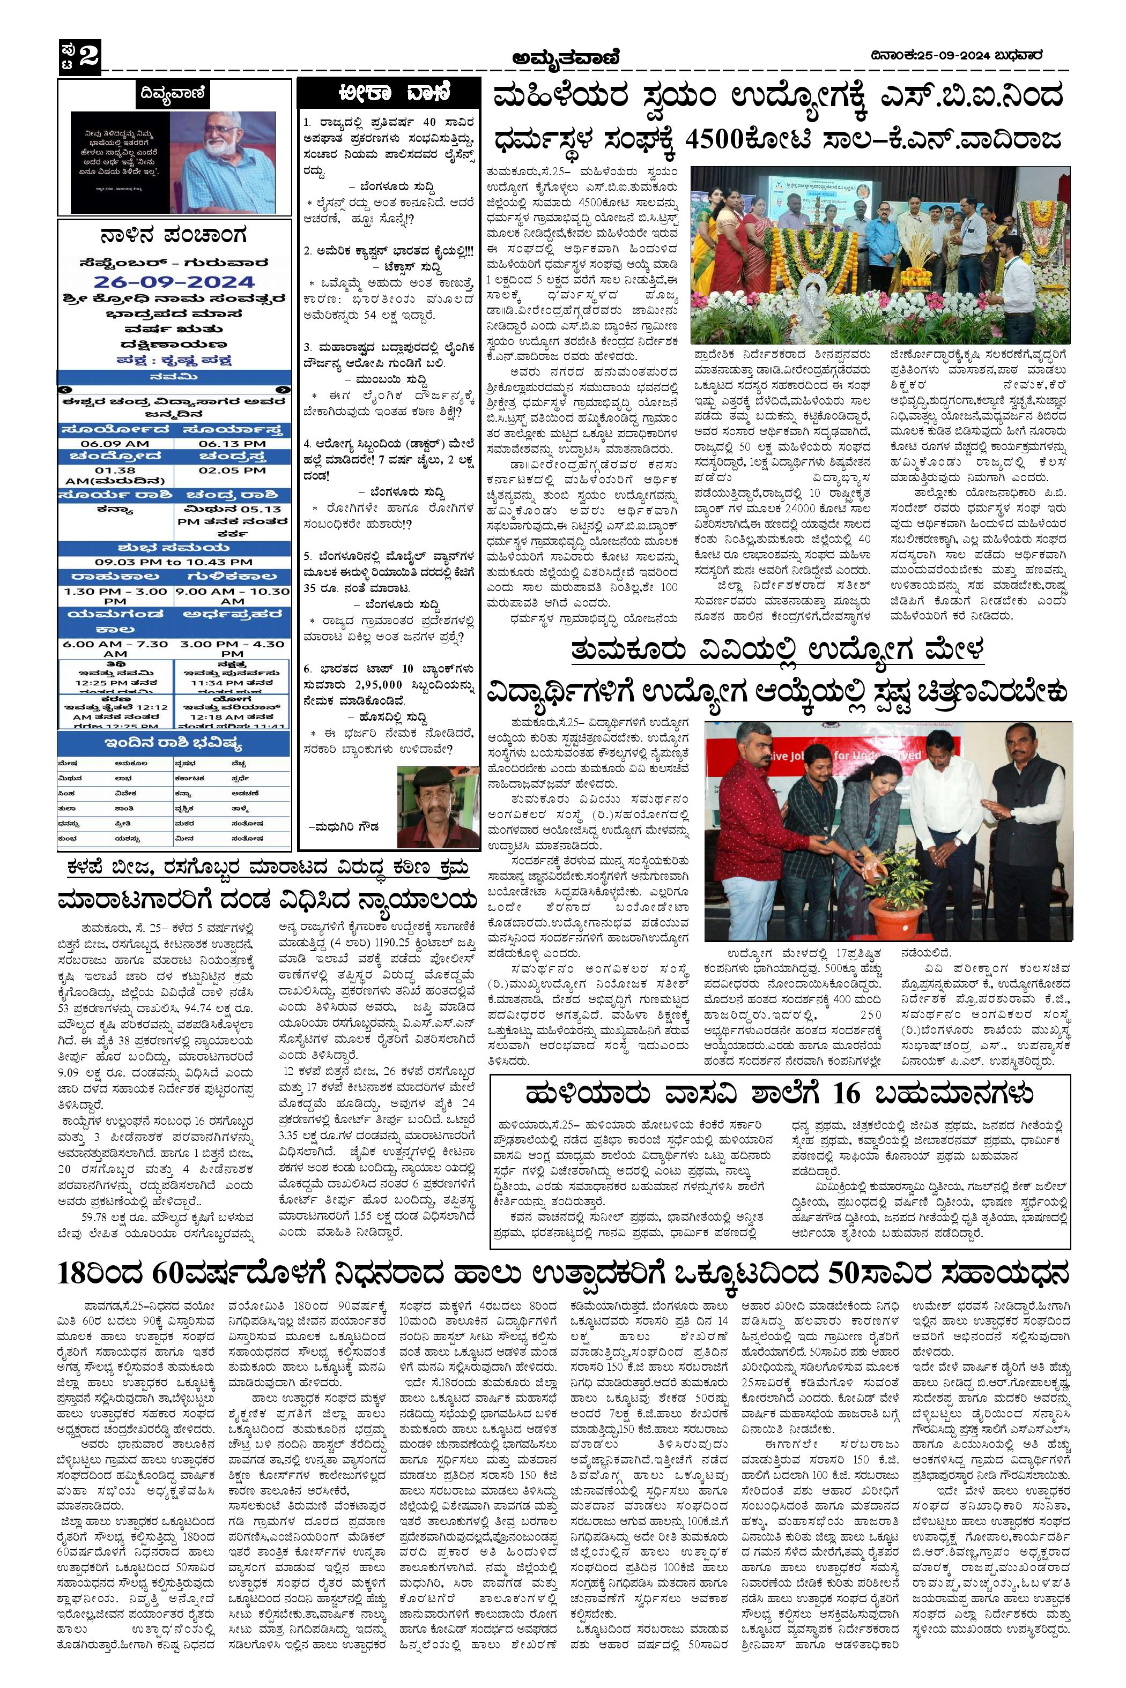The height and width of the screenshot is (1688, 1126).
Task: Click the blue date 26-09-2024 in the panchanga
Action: tap(174, 281)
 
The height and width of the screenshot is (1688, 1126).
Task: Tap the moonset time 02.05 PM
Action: tap(233, 470)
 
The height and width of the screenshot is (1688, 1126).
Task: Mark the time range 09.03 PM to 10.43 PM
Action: tap(174, 562)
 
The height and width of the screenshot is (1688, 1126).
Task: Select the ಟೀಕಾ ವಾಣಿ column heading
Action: tap(387, 93)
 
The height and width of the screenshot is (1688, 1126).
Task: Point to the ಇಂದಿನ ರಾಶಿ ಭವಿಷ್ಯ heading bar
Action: tap(174, 741)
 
